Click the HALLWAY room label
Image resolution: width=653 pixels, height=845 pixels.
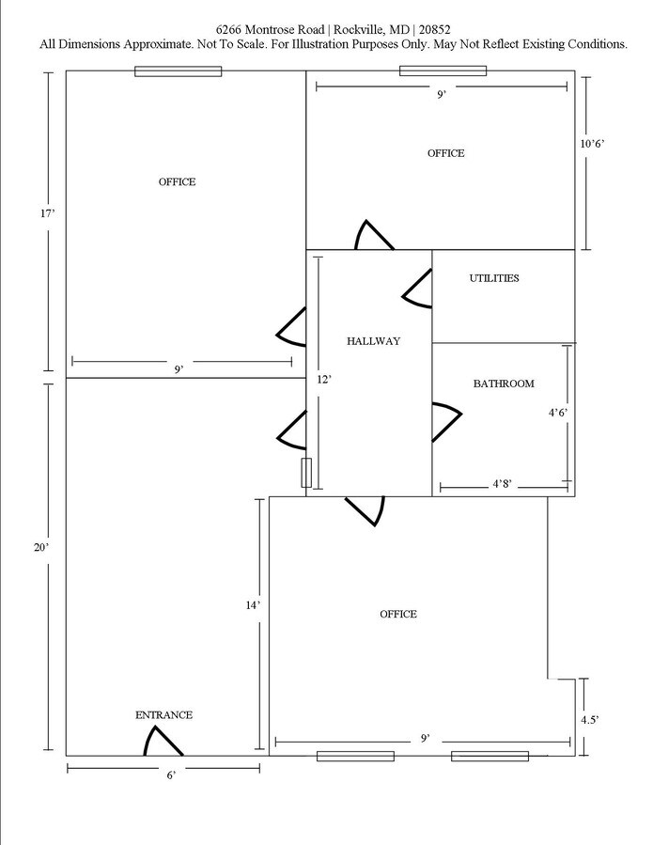coord(373,341)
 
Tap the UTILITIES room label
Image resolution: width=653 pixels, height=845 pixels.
coord(494,278)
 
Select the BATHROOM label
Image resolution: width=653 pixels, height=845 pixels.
coord(504,383)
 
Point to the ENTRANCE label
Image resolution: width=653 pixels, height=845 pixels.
coord(163,715)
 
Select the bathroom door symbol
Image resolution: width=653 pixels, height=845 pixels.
coord(445,422)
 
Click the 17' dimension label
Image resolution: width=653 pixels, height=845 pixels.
coord(48,214)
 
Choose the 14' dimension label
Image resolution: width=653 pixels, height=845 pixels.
coord(252,606)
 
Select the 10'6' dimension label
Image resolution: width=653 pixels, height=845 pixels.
coord(591,144)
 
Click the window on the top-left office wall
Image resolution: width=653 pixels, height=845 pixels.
coord(178,70)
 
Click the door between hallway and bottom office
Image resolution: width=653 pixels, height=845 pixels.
coord(365,510)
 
